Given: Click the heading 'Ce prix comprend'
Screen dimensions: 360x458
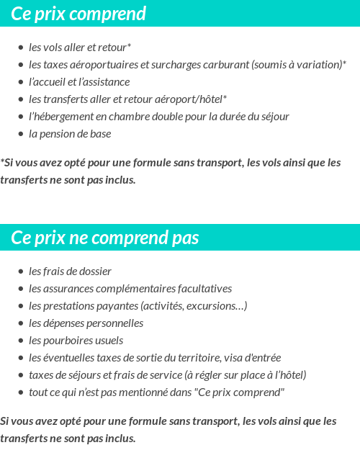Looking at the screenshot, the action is tap(78, 14).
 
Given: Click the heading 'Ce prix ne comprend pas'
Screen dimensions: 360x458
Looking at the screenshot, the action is tap(105, 238).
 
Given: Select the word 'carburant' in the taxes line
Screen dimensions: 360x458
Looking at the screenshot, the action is tap(224, 65).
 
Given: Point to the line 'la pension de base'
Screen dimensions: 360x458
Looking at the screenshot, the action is tap(70, 134).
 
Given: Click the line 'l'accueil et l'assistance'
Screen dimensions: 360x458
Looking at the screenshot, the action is tap(79, 82).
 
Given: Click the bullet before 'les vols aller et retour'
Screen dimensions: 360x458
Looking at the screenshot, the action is tap(21, 48).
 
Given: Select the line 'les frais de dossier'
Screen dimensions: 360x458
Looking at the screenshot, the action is tap(70, 271).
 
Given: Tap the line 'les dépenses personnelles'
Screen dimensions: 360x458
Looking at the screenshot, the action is tap(86, 323).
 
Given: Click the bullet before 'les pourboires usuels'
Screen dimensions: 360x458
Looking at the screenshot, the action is tap(21, 341).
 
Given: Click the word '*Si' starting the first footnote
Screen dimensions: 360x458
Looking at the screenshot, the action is tap(7, 163).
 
